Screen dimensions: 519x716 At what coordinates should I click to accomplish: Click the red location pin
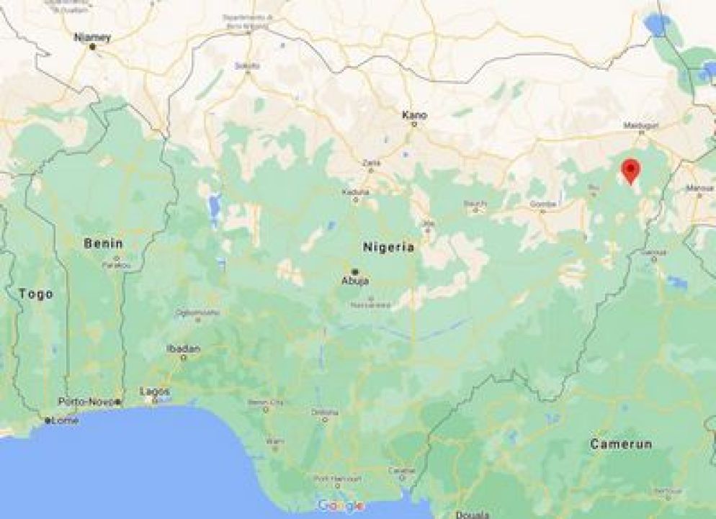[631, 171]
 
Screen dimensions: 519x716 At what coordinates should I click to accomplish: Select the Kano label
[414, 114]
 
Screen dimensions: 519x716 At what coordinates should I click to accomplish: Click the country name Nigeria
[389, 247]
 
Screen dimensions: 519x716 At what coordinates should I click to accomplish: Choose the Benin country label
[103, 243]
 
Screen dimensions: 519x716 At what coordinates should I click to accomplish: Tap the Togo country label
[36, 294]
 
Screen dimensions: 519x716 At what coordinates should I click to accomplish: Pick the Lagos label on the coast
[155, 391]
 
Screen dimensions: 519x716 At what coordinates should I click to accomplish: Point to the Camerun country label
[621, 444]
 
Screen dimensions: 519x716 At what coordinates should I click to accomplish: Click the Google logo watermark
[340, 505]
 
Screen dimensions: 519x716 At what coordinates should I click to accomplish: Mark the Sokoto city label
[246, 66]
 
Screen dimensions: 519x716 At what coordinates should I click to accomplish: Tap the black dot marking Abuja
[354, 271]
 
